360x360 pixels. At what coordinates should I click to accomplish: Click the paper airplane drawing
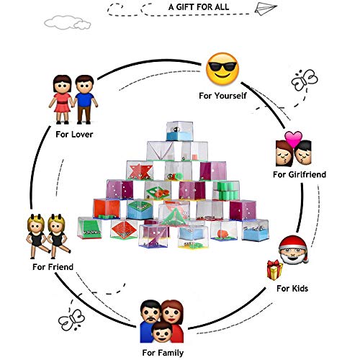coord(265,9)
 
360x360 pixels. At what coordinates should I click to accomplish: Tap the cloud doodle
coord(68,22)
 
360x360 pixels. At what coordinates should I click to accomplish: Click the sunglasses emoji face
coord(222,69)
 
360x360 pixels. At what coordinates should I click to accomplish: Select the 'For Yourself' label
coord(222,96)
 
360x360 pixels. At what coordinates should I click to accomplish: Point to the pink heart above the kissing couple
coord(293,139)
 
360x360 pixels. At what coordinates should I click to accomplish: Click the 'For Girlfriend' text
coord(300,174)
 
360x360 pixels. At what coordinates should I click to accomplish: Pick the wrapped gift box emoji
coord(274,270)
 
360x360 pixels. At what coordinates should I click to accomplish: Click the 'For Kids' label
coord(292,288)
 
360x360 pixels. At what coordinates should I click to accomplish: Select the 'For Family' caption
coord(163,353)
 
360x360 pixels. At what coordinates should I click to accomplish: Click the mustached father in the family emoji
coord(149,320)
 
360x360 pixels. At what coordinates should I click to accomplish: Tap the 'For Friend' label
coord(53,267)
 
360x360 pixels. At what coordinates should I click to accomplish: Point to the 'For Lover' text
coord(74,135)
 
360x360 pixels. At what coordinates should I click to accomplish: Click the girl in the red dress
coord(62,99)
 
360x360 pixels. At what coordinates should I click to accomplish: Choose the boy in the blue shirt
coord(84,99)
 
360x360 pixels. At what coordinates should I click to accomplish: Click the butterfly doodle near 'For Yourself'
coord(305,80)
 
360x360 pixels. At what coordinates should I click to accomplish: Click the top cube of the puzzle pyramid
coord(179,131)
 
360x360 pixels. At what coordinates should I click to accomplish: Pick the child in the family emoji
coord(162,332)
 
